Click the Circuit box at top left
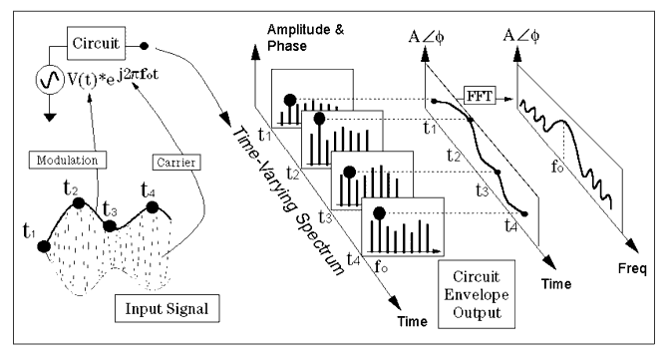pos(96,43)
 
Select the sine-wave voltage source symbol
pos(50,80)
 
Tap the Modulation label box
pos(68,160)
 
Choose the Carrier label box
pos(176,162)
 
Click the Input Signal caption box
pos(167,308)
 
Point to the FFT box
pos(480,96)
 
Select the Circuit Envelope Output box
pos(477,294)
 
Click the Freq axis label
pos(632,269)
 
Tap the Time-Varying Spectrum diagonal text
pos(287,201)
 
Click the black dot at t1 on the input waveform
pos(44,246)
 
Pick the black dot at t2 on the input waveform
pos(79,203)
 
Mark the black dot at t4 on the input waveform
pos(153,207)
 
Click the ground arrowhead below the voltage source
pos(50,117)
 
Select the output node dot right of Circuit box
pos(145,46)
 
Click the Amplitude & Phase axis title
pos(305,38)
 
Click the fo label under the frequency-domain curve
pos(557,167)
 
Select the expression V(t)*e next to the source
pos(91,79)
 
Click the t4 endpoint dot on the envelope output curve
pos(525,213)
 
